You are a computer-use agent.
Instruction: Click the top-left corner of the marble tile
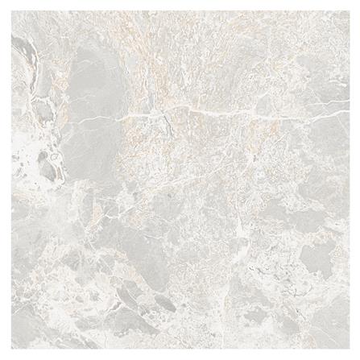point(9,9)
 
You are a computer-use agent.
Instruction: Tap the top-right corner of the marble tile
point(351,9)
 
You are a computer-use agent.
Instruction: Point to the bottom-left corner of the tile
point(9,351)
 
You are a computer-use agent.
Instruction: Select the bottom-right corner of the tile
point(351,351)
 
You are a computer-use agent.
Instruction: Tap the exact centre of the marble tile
point(180,180)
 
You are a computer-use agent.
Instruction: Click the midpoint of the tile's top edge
point(180,9)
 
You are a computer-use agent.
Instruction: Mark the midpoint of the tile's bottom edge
point(180,351)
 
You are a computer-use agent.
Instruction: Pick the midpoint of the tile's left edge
point(9,180)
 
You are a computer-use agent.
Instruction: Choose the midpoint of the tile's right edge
point(351,180)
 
